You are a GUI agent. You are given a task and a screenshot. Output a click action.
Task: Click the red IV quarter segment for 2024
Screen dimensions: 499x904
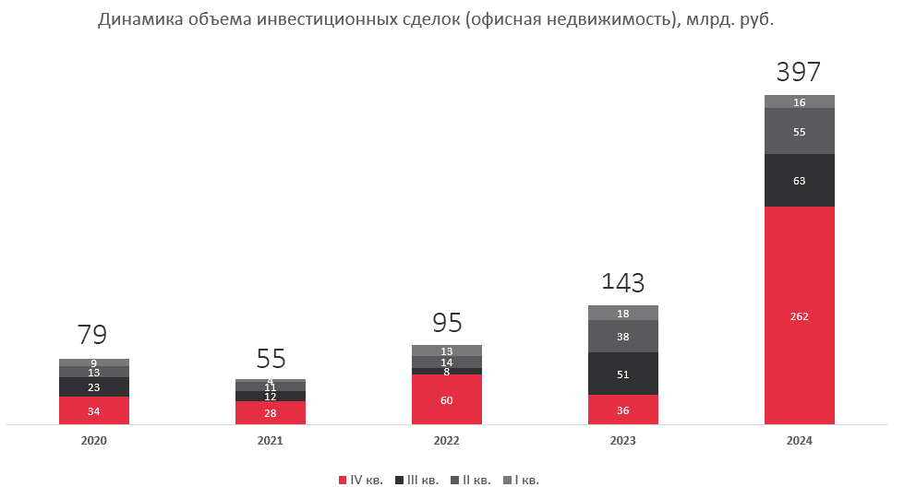tap(799, 315)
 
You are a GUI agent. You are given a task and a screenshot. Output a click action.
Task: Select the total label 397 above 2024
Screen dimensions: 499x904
tap(799, 72)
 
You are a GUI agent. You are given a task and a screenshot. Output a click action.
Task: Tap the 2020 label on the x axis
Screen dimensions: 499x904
tap(94, 441)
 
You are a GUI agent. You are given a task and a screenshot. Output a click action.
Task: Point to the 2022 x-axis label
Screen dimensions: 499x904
tap(446, 441)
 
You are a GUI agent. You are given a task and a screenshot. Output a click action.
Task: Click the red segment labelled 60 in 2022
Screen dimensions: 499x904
tap(446, 399)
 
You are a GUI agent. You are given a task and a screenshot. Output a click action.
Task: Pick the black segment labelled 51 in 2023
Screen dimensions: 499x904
tap(623, 374)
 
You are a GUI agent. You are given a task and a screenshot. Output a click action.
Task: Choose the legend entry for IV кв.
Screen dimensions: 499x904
tap(361, 480)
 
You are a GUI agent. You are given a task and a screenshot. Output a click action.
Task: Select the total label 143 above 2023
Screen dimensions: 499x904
tap(623, 282)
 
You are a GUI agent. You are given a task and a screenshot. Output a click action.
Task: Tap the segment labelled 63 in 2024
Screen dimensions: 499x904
tap(799, 181)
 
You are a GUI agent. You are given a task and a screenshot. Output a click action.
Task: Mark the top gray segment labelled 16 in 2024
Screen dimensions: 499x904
tap(799, 101)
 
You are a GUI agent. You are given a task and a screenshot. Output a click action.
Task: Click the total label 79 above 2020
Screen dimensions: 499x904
tap(92, 334)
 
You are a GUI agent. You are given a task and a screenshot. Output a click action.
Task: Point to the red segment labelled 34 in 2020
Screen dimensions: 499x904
tap(94, 410)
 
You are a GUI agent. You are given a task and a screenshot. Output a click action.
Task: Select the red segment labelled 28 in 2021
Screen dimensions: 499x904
tap(271, 413)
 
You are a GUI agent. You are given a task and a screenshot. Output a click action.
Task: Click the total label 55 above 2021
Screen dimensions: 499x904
tap(271, 358)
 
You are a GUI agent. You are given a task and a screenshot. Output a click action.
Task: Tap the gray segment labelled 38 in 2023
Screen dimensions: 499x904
tap(623, 337)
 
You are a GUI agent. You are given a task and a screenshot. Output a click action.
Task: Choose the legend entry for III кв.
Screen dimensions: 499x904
tap(416, 480)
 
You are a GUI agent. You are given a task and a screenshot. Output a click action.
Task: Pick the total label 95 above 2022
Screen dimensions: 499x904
tap(447, 323)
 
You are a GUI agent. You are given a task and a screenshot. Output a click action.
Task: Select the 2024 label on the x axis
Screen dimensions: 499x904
tap(799, 441)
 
